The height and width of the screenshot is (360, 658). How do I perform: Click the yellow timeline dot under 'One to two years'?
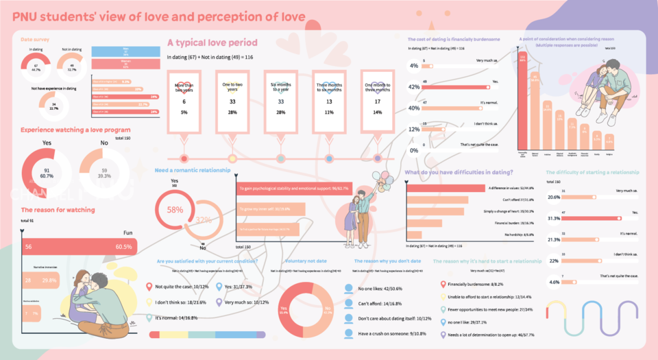tap(232, 158)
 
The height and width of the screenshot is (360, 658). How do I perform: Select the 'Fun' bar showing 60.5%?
tap(79, 246)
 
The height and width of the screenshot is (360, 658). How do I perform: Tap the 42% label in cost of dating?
tap(413, 87)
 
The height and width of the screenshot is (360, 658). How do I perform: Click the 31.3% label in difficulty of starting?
tap(555, 218)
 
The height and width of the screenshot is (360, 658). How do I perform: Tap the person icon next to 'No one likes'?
tap(349, 289)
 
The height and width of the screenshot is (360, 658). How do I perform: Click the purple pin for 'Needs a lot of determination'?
tap(443, 335)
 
